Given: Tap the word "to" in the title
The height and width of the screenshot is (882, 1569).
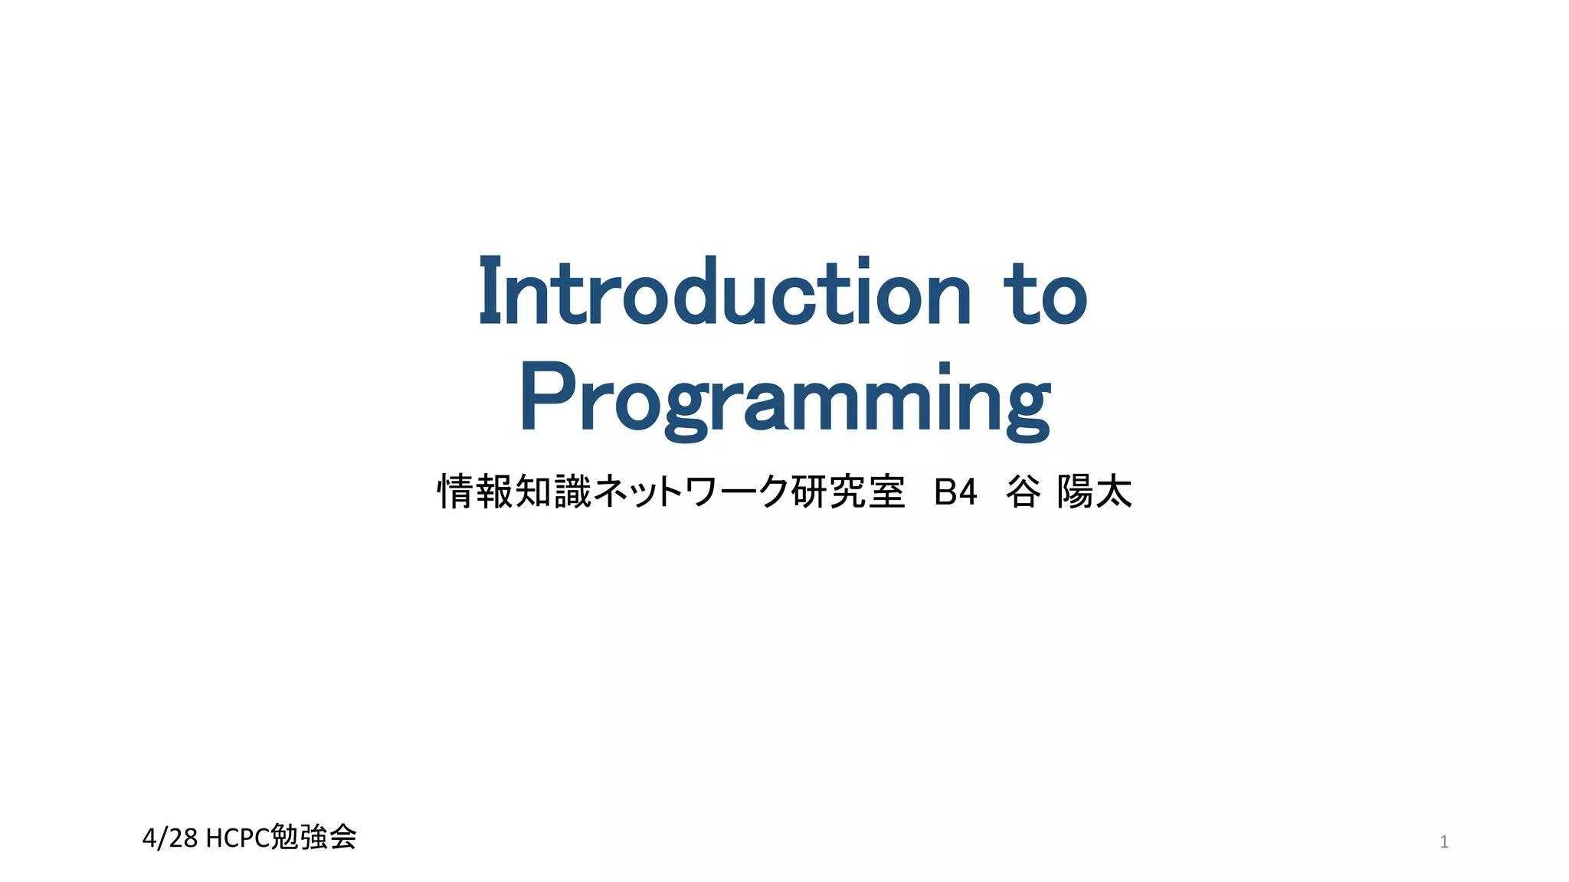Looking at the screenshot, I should click(1046, 295).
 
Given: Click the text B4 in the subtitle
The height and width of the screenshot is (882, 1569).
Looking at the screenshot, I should click(955, 492).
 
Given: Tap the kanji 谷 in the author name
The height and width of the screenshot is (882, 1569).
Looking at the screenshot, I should click(1024, 492).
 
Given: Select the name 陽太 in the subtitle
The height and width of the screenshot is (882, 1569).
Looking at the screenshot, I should click(1094, 492).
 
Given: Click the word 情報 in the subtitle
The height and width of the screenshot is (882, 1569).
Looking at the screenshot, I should click(475, 492).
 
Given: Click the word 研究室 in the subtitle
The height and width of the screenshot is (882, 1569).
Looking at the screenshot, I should click(847, 492).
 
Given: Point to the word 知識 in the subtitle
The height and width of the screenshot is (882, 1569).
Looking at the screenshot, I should click(553, 492).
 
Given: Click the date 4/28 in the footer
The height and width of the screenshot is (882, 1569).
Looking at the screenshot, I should click(170, 838).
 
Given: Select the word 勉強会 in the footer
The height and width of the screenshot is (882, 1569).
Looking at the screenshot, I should click(314, 837).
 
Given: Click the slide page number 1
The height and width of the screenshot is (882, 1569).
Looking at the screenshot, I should click(1444, 842).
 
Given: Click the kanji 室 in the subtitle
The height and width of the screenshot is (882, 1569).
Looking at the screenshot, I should click(886, 492).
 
